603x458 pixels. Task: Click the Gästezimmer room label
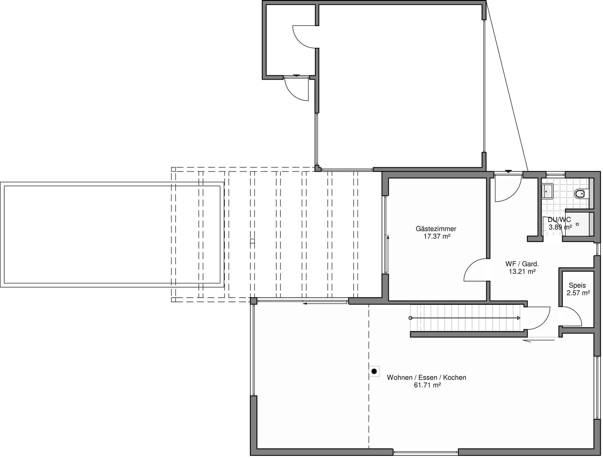click(x=436, y=229)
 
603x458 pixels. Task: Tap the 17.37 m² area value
click(x=437, y=236)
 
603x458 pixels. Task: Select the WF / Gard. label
click(x=522, y=264)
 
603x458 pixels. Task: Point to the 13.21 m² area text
click(x=522, y=271)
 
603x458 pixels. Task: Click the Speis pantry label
click(x=577, y=286)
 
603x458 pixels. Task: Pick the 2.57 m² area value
click(x=578, y=293)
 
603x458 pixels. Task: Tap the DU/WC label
click(x=559, y=220)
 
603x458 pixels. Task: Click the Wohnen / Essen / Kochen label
click(x=426, y=377)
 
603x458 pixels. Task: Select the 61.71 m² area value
click(x=427, y=385)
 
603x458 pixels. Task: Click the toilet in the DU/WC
click(x=582, y=193)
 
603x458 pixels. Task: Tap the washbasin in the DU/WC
click(x=547, y=192)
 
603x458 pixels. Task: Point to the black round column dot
click(x=374, y=371)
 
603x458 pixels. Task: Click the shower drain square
click(x=577, y=224)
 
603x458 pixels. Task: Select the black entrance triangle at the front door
click(x=508, y=171)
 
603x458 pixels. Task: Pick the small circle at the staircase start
click(x=411, y=318)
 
